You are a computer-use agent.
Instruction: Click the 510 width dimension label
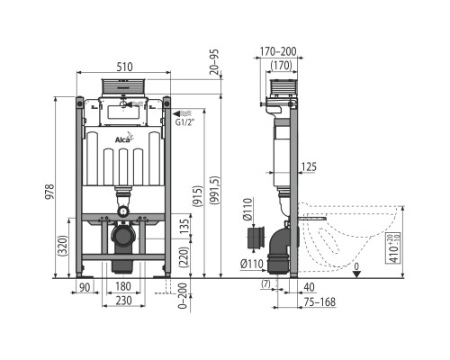point(124,67)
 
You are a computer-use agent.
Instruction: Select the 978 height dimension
point(49,192)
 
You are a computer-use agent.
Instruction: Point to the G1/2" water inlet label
point(184,122)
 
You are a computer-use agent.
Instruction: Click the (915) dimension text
point(198,195)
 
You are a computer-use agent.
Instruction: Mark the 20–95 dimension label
point(214,62)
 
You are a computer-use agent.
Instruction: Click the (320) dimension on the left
point(64,246)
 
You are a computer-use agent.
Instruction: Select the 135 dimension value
point(185,226)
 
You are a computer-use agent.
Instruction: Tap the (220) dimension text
point(185,257)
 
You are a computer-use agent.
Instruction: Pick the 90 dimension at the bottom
point(85,287)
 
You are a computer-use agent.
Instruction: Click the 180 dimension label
point(122,286)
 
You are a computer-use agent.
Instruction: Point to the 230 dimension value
point(124,301)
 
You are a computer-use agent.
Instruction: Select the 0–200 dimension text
point(183,296)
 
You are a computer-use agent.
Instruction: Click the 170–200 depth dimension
point(278,51)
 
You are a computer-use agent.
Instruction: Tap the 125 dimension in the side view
point(309,166)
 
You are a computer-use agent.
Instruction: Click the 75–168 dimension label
point(319,302)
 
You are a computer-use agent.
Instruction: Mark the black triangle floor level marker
point(356,274)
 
